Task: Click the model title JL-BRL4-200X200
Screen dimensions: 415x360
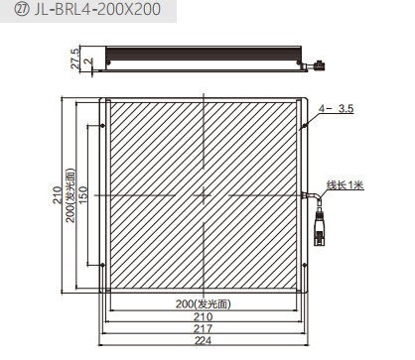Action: pos(98,9)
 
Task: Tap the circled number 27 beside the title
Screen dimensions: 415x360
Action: pos(22,10)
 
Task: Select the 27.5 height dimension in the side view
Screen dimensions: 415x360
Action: pos(75,59)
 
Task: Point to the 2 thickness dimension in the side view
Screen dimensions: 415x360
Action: pos(88,62)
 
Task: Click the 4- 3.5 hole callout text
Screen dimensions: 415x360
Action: pos(337,108)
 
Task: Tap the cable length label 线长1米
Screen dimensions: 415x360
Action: pos(346,185)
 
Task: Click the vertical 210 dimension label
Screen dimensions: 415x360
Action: pos(58,195)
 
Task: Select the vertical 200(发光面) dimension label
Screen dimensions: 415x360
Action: pos(70,195)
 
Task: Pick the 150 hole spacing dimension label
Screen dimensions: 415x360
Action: pos(82,195)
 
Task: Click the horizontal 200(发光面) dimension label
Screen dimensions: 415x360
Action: pos(204,303)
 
